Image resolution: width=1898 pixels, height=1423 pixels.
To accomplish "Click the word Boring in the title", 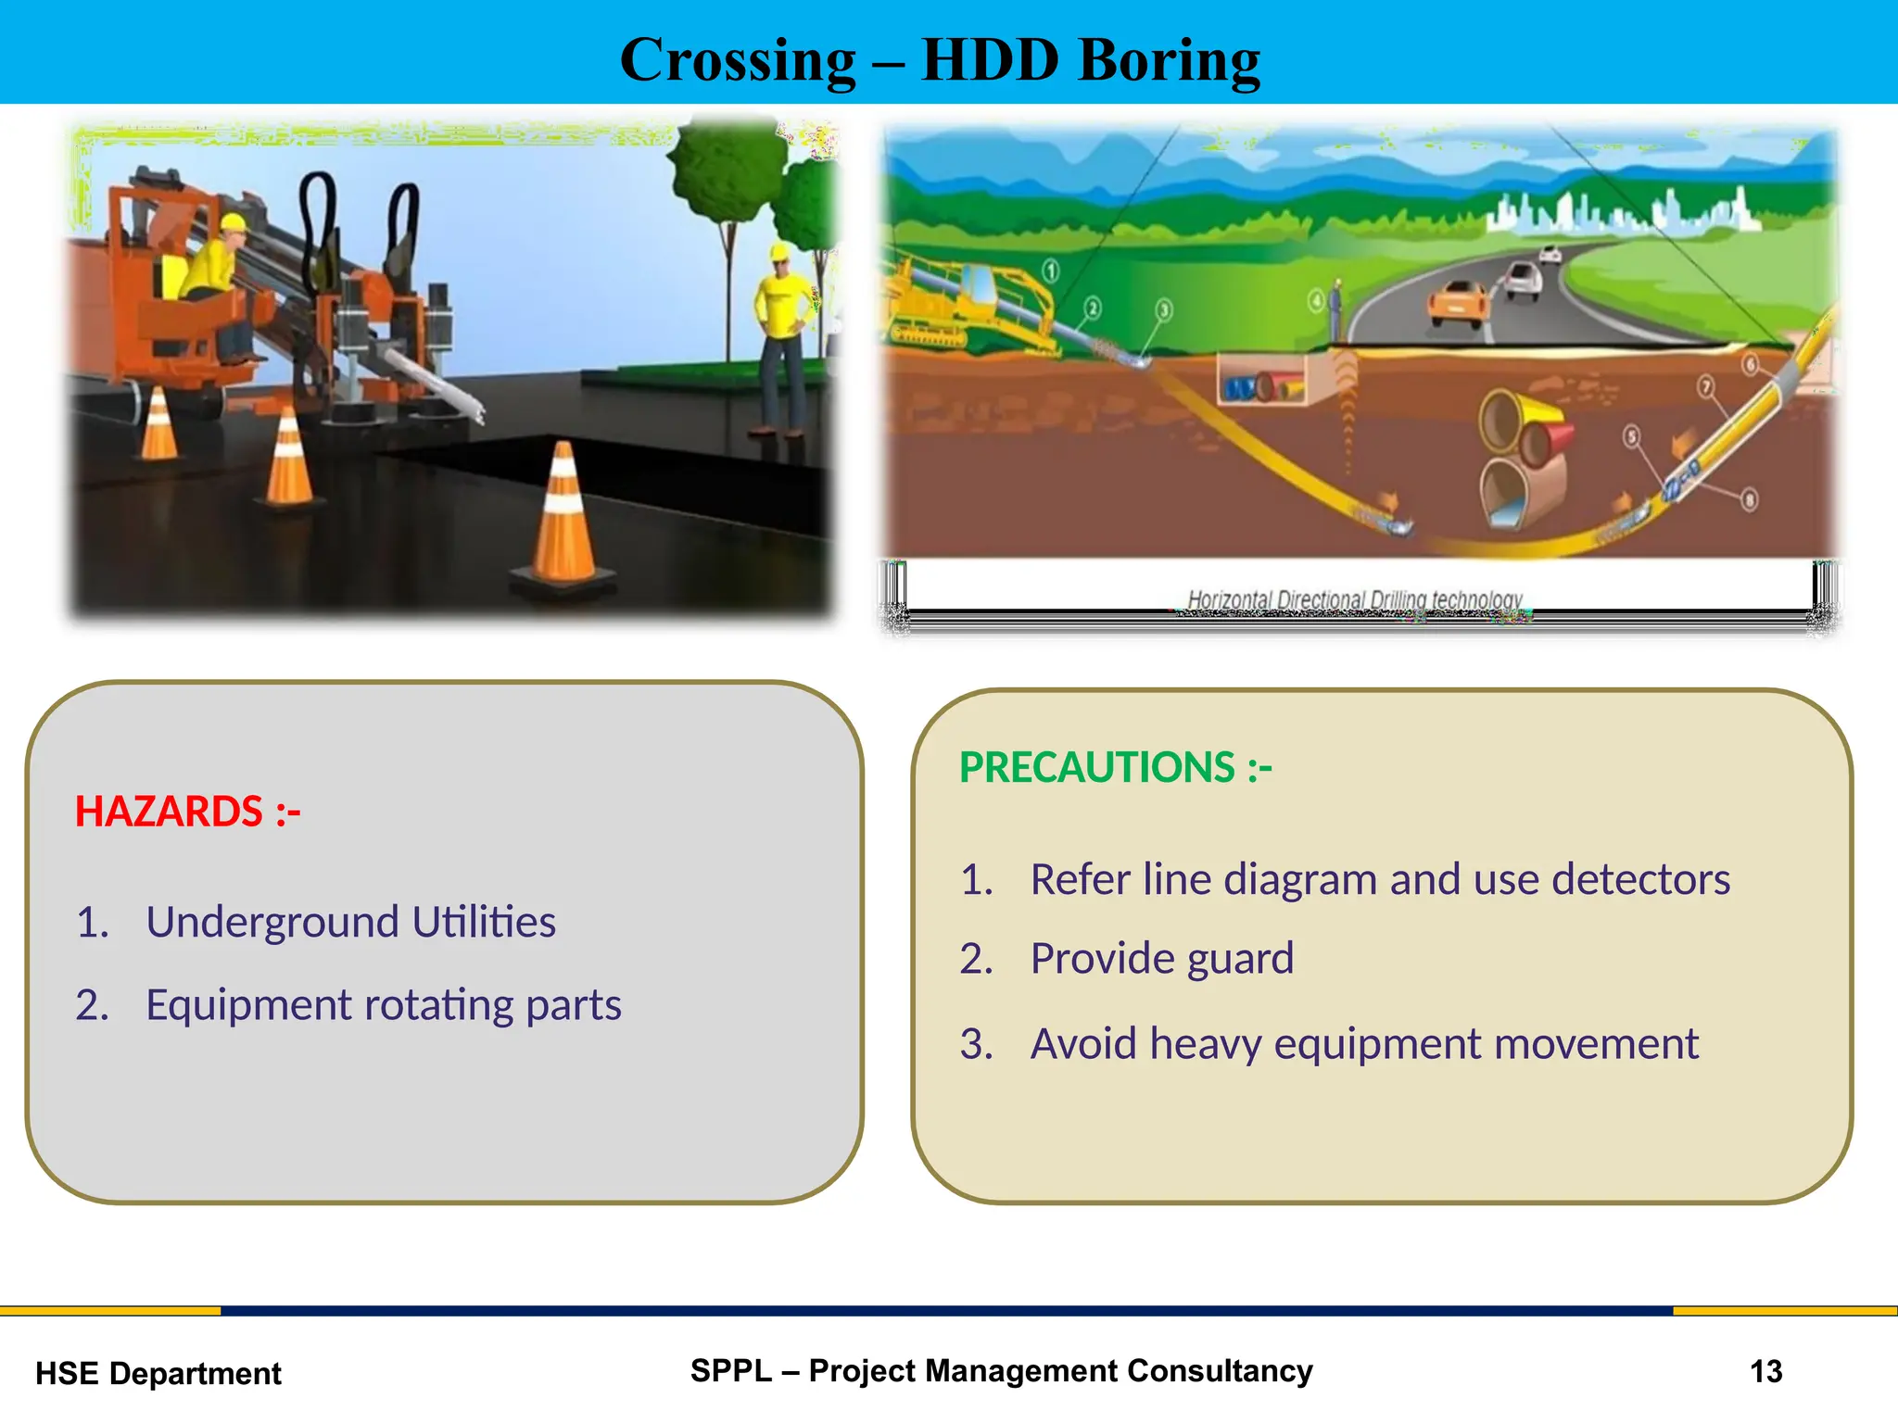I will (1169, 61).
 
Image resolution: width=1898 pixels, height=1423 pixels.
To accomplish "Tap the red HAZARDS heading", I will (187, 812).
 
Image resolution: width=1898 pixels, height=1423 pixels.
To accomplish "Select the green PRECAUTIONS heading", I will (1115, 768).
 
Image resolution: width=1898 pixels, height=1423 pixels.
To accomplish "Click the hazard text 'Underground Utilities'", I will (350, 922).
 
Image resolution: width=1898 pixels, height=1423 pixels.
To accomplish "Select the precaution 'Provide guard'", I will (1161, 958).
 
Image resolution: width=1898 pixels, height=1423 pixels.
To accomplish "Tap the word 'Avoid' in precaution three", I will (1082, 1044).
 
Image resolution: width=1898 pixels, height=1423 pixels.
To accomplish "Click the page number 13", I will (1765, 1371).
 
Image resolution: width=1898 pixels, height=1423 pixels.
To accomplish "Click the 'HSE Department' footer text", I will (158, 1373).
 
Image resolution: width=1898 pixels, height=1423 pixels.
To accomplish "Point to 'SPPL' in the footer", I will (730, 1370).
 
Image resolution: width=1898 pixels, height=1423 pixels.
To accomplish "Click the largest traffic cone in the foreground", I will (563, 519).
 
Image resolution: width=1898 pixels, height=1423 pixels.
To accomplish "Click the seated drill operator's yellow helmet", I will (234, 223).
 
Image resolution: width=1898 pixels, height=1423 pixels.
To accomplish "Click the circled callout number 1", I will (1050, 271).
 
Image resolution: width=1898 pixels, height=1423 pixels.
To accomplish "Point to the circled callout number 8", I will (1749, 500).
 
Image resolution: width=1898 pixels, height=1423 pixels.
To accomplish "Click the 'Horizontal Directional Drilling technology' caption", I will (1354, 600).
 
